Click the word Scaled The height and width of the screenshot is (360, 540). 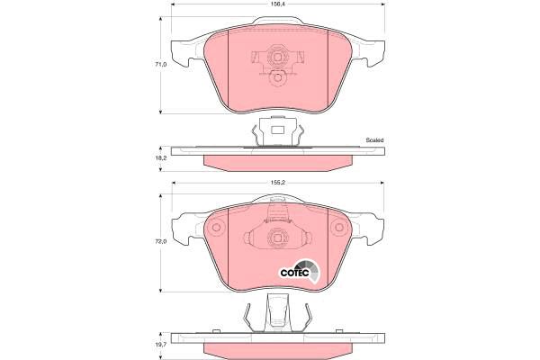point(374,140)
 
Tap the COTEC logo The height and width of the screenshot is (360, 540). point(299,270)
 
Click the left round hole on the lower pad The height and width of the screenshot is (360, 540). point(216,228)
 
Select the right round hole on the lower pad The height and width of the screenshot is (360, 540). point(339,228)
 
